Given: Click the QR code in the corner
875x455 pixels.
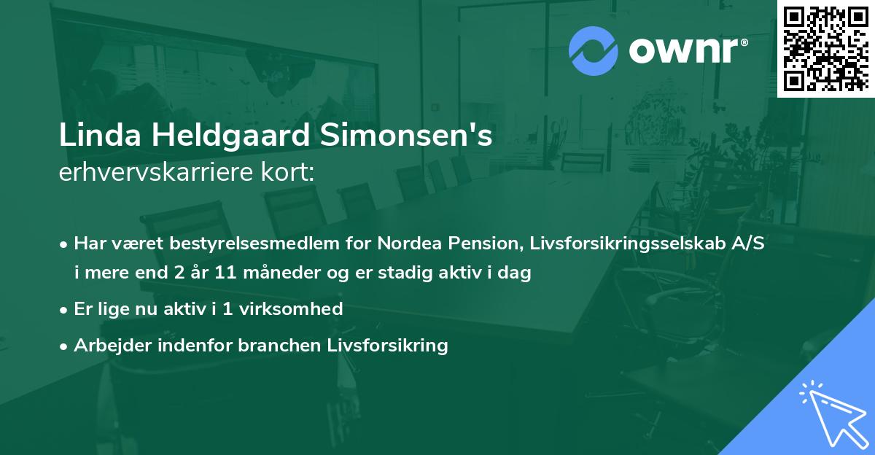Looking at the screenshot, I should click(826, 48).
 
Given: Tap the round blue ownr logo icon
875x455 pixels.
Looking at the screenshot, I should click(594, 50).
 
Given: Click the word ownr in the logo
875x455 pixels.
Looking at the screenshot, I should click(688, 51).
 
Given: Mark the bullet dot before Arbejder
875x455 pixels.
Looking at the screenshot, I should click(64, 346).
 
